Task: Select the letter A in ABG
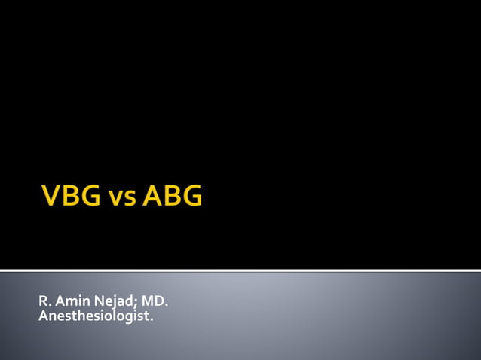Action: pos(153,197)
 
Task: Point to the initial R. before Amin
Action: pos(42,303)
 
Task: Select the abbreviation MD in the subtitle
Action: pos(152,303)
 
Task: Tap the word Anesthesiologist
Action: pos(94,316)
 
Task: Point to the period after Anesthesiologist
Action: pos(152,319)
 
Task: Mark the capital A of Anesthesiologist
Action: pos(42,316)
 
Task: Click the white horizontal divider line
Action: pos(240,270)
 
